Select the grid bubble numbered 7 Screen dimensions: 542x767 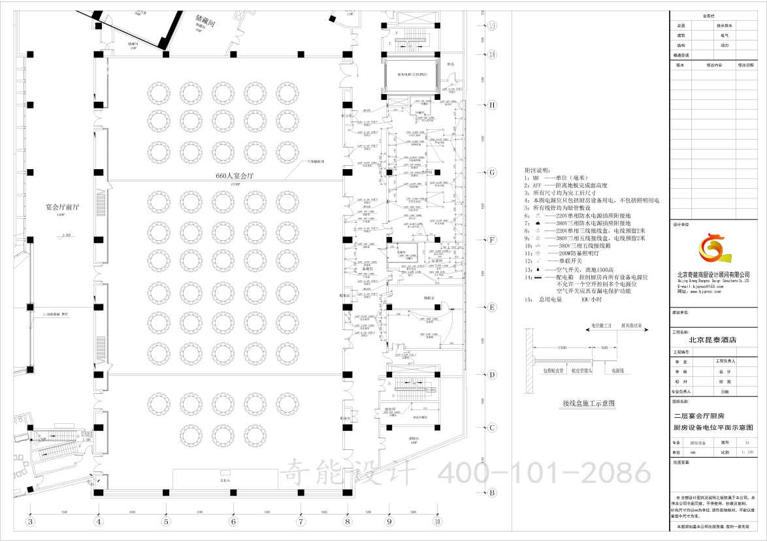pyautogui.click(x=301, y=522)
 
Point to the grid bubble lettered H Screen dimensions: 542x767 pyautogui.click(x=493, y=104)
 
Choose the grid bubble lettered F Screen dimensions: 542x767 pyautogui.click(x=493, y=240)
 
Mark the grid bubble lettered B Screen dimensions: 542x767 pyautogui.click(x=493, y=493)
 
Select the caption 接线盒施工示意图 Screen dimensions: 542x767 pyautogui.click(x=589, y=404)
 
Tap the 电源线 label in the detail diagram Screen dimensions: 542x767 pyautogui.click(x=617, y=371)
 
